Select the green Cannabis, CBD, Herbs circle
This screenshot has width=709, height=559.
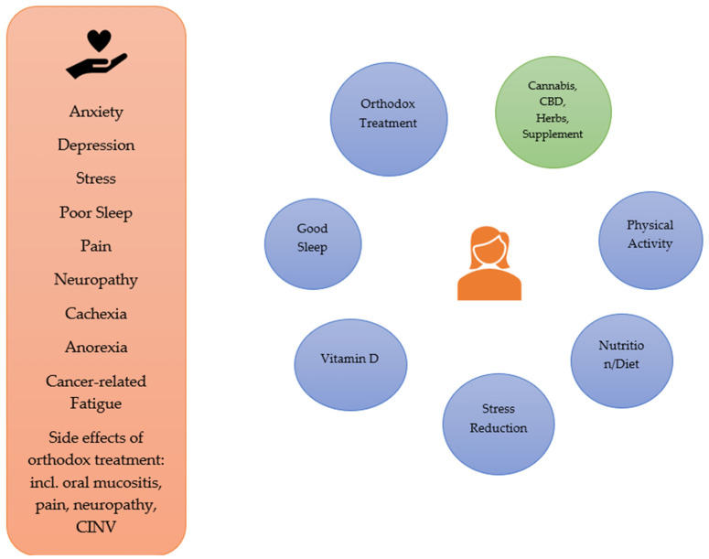[x=552, y=109]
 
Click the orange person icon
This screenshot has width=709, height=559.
[x=489, y=264]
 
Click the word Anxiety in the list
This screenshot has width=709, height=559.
[x=96, y=112]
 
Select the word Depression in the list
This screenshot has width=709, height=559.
[x=96, y=145]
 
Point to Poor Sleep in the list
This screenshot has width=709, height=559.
[x=96, y=212]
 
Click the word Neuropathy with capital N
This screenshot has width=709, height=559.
[x=96, y=280]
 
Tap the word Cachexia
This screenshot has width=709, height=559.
[x=96, y=314]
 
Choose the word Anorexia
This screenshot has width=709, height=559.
[x=96, y=348]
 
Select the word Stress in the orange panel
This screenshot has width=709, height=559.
[x=96, y=179]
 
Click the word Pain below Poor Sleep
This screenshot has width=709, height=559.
[x=96, y=246]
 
